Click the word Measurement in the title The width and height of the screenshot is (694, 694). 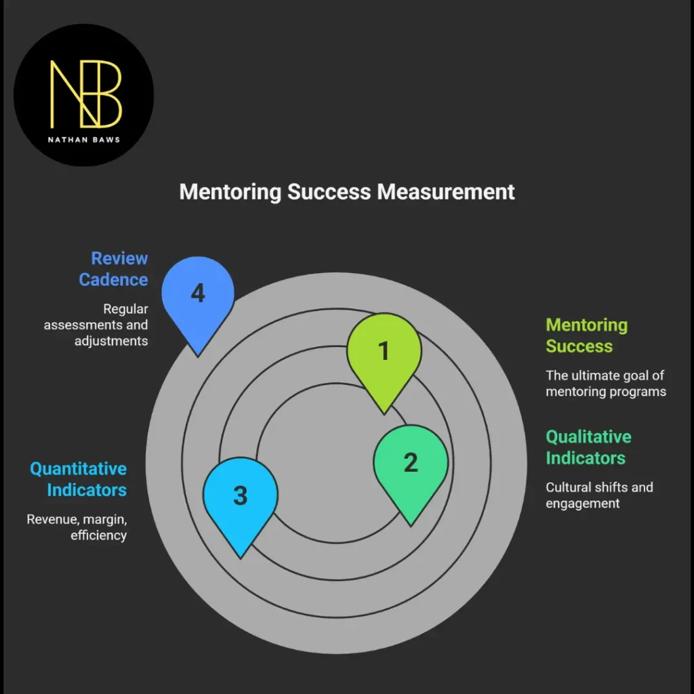[445, 191]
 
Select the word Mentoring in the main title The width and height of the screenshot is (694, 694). [230, 191]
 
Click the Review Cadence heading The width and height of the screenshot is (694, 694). [113, 269]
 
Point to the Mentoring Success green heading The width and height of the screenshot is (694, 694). [587, 335]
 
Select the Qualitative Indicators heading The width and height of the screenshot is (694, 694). [588, 447]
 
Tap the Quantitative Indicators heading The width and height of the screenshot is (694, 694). [78, 479]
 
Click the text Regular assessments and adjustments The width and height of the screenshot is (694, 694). [96, 325]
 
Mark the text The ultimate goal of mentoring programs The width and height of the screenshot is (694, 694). [606, 383]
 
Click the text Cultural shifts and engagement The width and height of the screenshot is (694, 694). [599, 495]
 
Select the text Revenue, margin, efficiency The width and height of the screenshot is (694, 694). [77, 527]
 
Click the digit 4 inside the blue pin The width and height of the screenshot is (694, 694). [198, 293]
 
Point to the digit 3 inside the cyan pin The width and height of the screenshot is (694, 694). [241, 495]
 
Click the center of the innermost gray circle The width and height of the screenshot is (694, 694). [336, 463]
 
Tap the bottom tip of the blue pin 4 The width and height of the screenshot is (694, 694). [198, 354]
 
